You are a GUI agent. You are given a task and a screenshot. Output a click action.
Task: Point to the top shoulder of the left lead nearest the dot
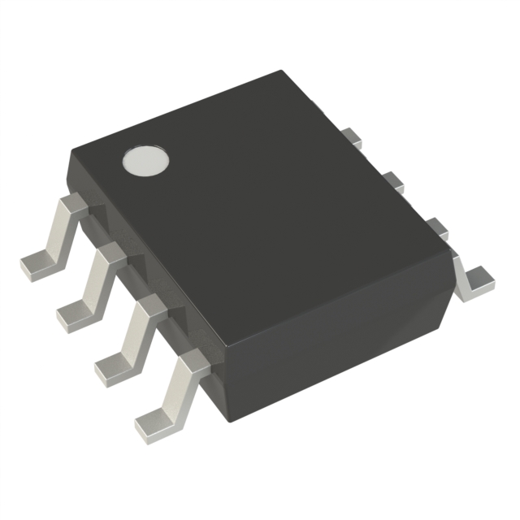[72, 203]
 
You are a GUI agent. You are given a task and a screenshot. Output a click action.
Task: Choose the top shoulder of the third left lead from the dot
[149, 305]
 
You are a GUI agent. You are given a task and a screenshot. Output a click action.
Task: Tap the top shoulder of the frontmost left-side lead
[192, 361]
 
